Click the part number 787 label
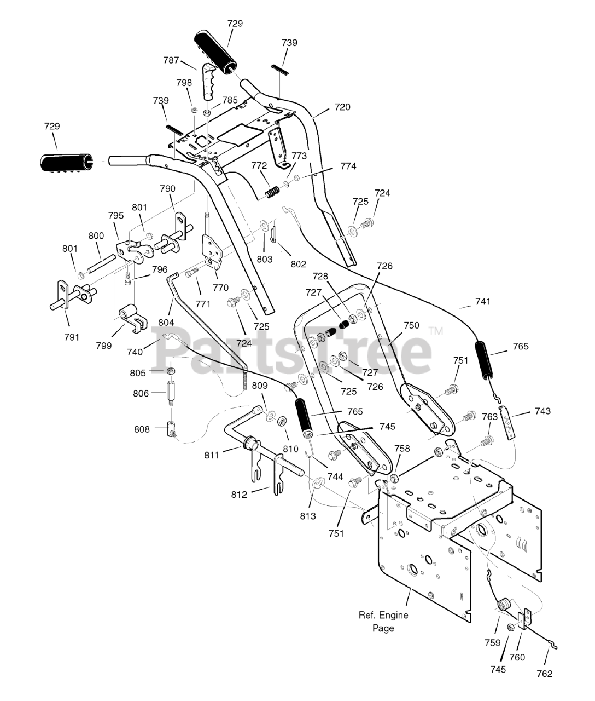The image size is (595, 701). [171, 60]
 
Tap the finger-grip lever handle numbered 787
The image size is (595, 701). [209, 81]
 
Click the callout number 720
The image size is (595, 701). [342, 107]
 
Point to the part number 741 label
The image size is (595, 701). [482, 301]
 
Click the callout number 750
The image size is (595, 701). [411, 325]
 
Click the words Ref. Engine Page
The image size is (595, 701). [383, 622]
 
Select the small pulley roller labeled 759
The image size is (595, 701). [504, 604]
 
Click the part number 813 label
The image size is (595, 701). [307, 516]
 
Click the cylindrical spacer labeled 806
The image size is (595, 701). [171, 393]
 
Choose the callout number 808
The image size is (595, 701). [142, 429]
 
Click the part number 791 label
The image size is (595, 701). [72, 337]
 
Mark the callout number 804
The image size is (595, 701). [166, 322]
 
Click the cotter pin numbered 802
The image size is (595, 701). [275, 235]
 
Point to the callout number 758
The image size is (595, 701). [402, 449]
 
